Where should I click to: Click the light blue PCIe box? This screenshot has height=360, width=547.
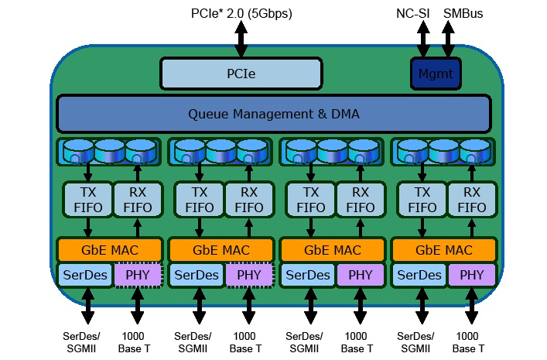241,74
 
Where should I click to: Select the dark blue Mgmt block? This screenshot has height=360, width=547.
435,74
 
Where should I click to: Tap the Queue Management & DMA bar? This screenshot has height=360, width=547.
274,114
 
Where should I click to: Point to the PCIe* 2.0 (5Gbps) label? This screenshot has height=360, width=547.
241,13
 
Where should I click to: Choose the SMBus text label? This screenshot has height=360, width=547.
462,13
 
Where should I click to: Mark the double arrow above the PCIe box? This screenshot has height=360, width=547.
241,39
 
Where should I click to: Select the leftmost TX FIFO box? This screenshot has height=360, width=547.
87,200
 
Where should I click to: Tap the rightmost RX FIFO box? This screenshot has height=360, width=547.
471,200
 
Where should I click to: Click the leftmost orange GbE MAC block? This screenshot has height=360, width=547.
109,250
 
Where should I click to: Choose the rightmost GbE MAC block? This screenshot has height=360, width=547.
444,250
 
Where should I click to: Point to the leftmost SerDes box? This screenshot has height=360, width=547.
85,275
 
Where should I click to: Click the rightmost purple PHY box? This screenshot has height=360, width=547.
471,275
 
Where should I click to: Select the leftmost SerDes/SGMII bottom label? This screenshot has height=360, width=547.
86,342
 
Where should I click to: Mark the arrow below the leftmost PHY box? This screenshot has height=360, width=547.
137,306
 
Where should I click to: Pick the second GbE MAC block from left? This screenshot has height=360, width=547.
221,250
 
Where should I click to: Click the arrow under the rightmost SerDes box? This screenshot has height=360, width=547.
421,306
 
